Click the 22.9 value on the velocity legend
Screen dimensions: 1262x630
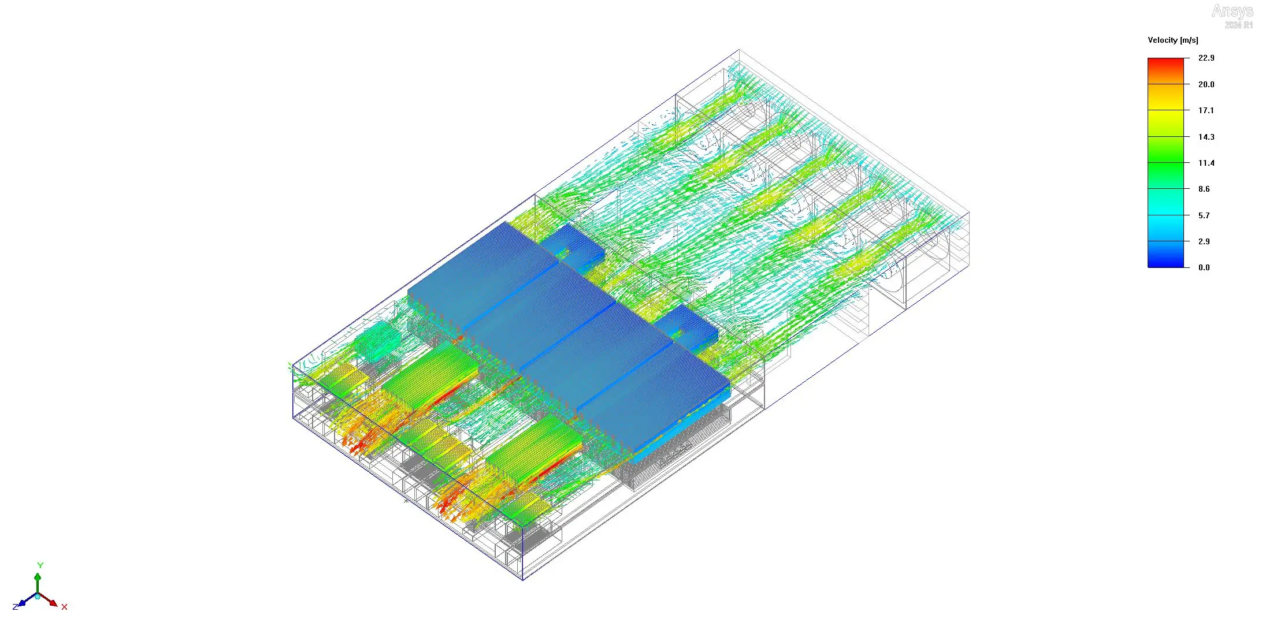coord(1206,58)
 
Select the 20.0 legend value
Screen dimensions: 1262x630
coord(1206,84)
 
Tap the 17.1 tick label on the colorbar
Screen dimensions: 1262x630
coord(1206,110)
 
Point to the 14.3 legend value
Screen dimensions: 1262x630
coord(1206,137)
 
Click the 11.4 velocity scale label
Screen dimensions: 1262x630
coord(1206,163)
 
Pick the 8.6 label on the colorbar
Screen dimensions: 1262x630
coord(1204,189)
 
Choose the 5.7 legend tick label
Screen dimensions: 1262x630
coord(1204,215)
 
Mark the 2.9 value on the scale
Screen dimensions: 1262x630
coord(1204,241)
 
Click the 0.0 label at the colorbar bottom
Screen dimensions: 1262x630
coord(1204,267)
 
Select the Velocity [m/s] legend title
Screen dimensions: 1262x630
coord(1172,40)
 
